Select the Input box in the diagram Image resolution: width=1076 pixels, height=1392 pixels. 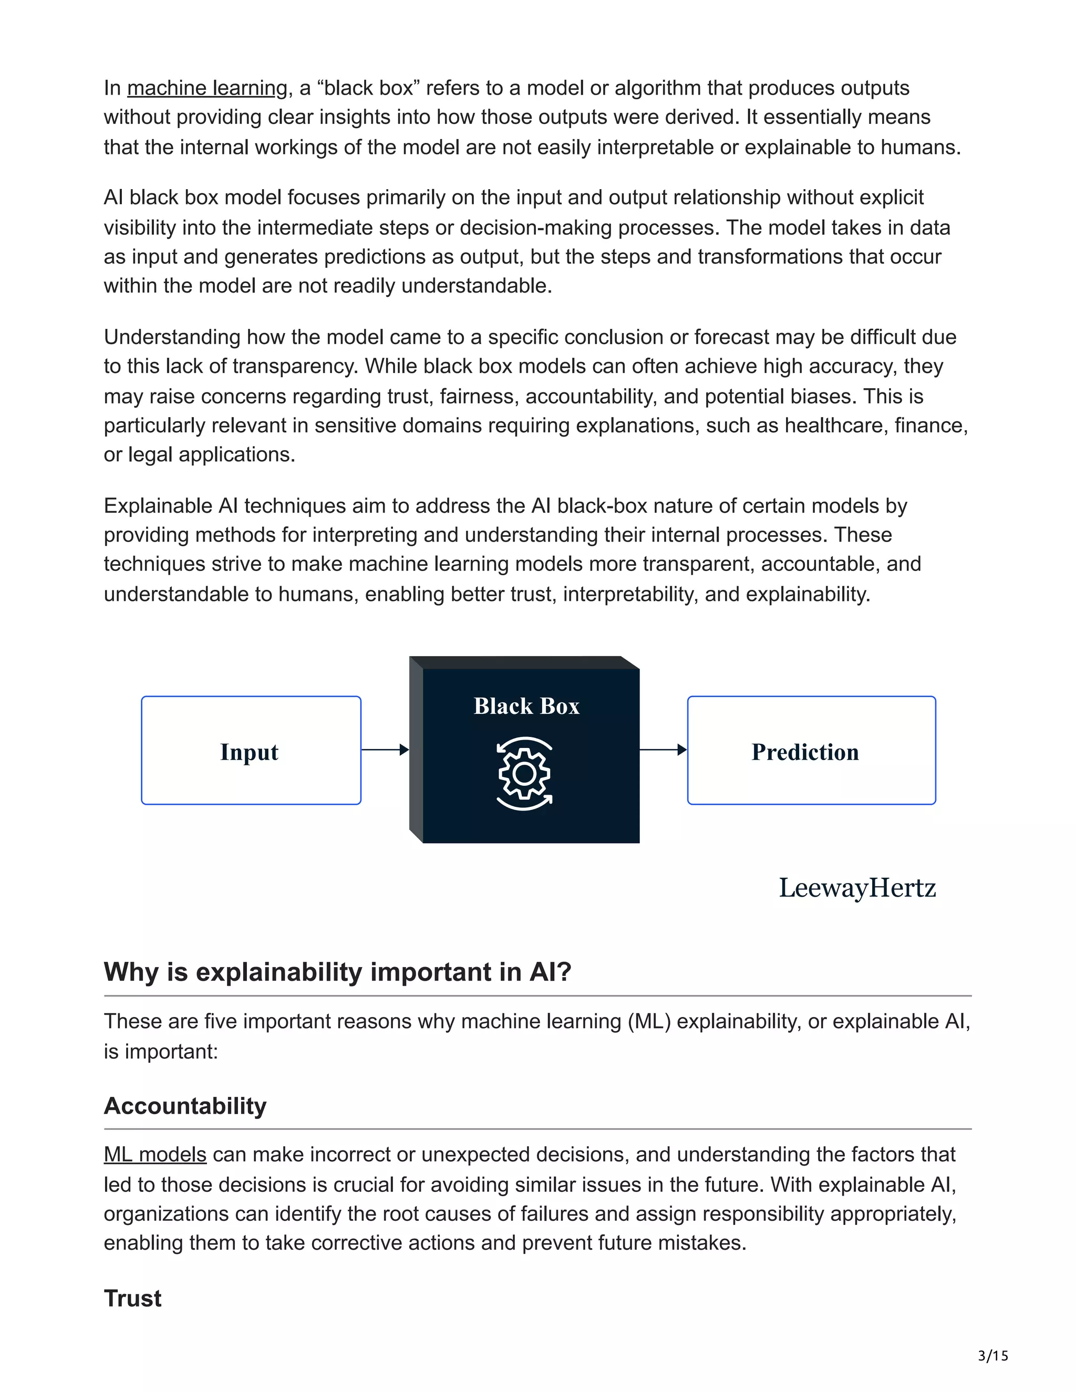[x=251, y=750]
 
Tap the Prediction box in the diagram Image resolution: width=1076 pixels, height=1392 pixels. [x=811, y=750]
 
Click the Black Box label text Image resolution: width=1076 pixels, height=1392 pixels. [x=526, y=706]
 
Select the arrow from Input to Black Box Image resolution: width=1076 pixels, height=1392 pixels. [x=385, y=750]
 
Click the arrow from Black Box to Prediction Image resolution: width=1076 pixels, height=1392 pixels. [x=663, y=750]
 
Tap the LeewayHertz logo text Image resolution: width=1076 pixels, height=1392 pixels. [x=857, y=888]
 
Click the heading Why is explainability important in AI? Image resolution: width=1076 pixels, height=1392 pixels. [x=337, y=972]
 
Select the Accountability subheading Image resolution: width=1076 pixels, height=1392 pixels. [x=185, y=1106]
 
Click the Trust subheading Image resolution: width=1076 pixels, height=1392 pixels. [x=132, y=1298]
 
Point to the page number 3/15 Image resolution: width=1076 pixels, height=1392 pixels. [x=992, y=1356]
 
